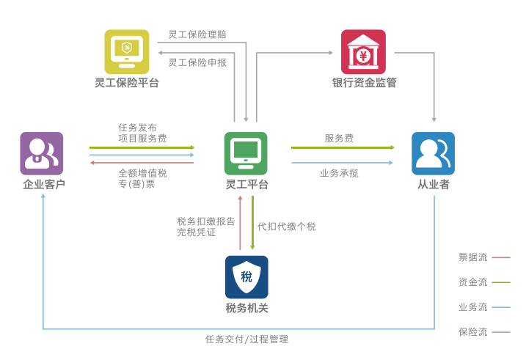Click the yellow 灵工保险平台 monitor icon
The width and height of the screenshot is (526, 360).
(x=126, y=51)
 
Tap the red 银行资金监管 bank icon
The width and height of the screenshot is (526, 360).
(x=363, y=51)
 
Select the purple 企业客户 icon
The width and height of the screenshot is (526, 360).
(x=42, y=153)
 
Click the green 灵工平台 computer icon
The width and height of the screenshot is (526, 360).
(x=246, y=153)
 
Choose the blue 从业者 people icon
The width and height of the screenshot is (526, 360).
(x=433, y=153)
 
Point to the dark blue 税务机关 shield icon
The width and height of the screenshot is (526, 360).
(x=246, y=276)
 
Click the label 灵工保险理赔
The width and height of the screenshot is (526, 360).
(x=197, y=34)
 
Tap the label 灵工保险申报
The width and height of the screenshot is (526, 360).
(x=197, y=62)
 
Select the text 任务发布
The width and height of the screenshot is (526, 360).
(x=138, y=127)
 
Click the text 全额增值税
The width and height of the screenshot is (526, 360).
(x=142, y=173)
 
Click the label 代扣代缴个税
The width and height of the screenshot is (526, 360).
(x=286, y=227)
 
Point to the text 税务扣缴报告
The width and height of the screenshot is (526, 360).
(x=206, y=221)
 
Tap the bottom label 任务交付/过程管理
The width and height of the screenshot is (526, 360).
(x=246, y=339)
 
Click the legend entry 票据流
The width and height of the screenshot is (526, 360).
(x=473, y=257)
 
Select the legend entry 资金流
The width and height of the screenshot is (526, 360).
(x=473, y=282)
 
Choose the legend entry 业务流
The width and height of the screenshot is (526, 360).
(x=473, y=307)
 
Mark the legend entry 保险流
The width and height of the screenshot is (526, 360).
(x=473, y=332)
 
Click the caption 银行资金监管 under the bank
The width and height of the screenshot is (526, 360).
(x=364, y=83)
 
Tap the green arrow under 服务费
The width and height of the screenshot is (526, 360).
(x=342, y=148)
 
